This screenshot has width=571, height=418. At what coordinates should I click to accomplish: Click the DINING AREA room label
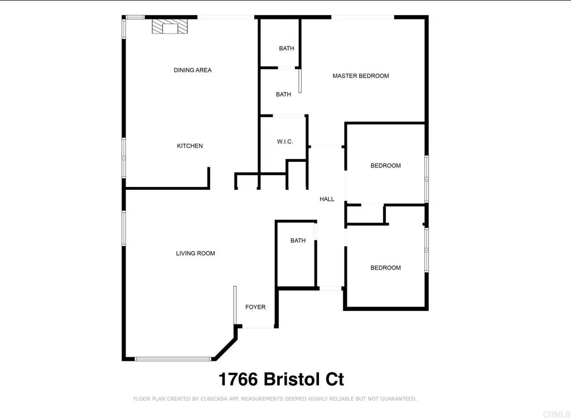[192, 70]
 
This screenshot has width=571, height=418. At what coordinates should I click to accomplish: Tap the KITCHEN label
[190, 146]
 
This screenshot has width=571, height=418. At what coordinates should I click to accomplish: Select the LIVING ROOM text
[195, 253]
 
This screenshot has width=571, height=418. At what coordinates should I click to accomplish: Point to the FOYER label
[255, 307]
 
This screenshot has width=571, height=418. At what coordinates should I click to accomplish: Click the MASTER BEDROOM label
[360, 76]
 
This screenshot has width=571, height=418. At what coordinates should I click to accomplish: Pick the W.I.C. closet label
[284, 142]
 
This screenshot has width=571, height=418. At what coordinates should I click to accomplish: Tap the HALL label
[327, 199]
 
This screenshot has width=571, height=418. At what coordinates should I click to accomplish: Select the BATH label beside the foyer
[298, 241]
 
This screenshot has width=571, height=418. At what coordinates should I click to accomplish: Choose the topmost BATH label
[286, 49]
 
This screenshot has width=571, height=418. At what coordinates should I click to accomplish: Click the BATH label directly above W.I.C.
[283, 94]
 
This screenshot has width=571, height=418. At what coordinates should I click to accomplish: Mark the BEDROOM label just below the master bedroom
[385, 166]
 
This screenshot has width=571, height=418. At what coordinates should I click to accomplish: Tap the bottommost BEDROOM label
[385, 268]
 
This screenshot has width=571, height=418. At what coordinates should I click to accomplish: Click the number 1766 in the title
[238, 380]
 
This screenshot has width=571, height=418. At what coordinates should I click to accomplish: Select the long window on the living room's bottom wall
[173, 359]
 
